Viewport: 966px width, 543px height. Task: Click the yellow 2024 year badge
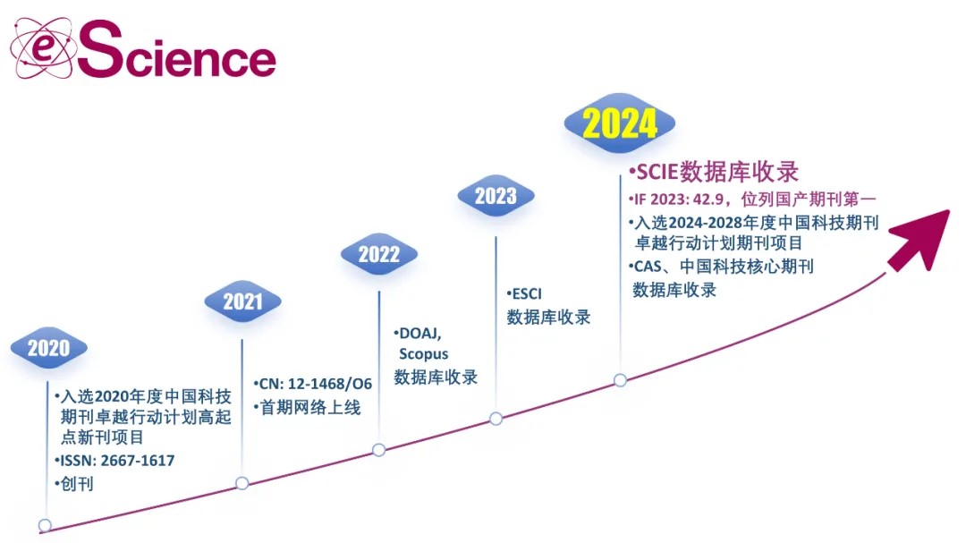620,123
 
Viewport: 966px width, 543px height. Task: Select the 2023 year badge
496,196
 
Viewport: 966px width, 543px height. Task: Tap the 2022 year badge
379,254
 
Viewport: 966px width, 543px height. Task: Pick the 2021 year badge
242,301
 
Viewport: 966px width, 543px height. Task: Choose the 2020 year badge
48,348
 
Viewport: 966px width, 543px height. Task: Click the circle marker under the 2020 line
45,526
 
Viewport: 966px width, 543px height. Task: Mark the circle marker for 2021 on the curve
242,483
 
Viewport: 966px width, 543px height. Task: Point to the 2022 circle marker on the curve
379,450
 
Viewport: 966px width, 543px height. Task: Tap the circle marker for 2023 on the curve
496,420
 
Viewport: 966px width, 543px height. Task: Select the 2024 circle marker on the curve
621,380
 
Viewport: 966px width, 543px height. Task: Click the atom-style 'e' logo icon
42,48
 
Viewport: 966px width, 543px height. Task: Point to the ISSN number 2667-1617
138,461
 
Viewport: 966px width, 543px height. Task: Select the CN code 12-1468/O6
329,384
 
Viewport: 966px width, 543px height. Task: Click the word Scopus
424,354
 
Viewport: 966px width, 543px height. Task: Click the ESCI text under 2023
527,294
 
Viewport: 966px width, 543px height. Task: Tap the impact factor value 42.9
706,199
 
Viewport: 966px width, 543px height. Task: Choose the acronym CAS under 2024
648,267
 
